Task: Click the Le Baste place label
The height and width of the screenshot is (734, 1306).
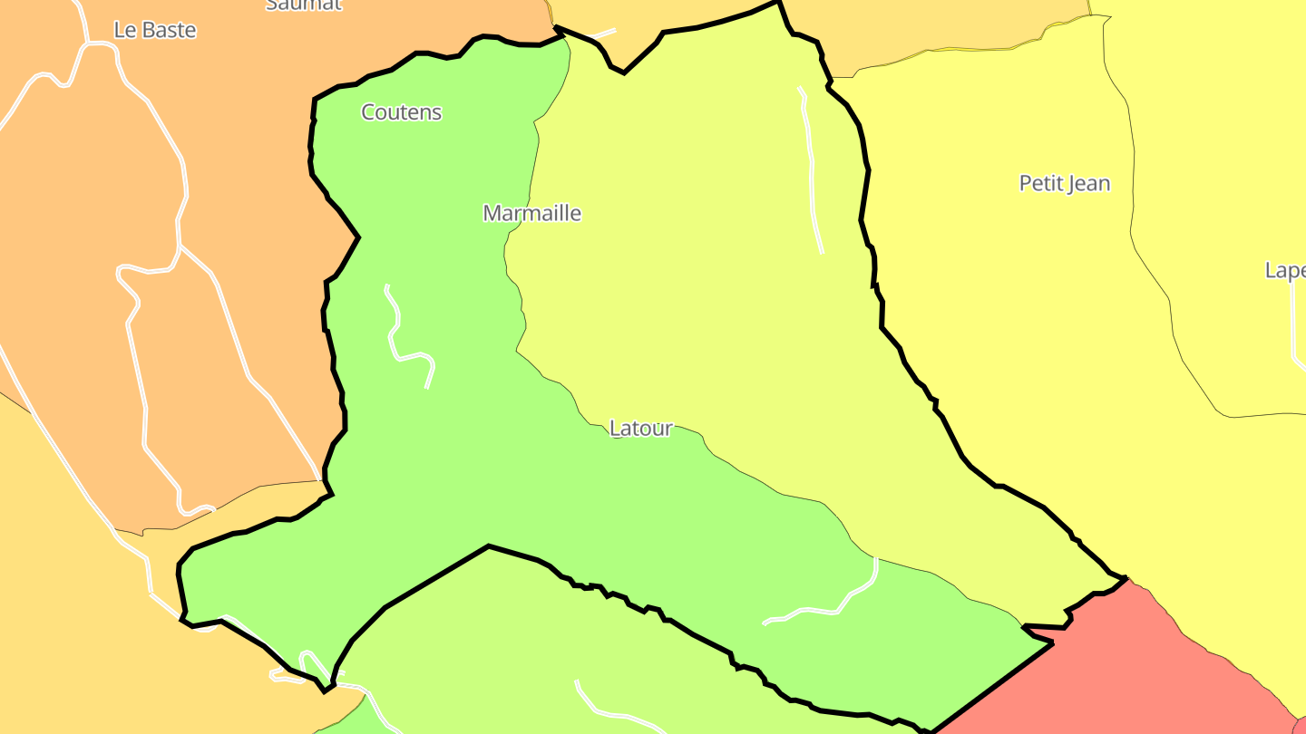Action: click(x=155, y=30)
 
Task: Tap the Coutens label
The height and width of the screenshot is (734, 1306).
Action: click(x=401, y=112)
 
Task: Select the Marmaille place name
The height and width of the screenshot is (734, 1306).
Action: click(x=531, y=213)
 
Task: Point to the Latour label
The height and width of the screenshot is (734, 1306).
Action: click(x=640, y=428)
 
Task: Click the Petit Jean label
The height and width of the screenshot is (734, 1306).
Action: click(x=1064, y=183)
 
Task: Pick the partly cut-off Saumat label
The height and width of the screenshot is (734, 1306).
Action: click(x=303, y=5)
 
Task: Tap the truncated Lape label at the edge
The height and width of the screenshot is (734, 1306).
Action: click(x=1285, y=270)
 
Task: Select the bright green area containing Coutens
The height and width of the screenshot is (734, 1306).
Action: click(x=435, y=471)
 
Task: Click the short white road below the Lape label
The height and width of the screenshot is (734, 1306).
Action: click(x=1293, y=326)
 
